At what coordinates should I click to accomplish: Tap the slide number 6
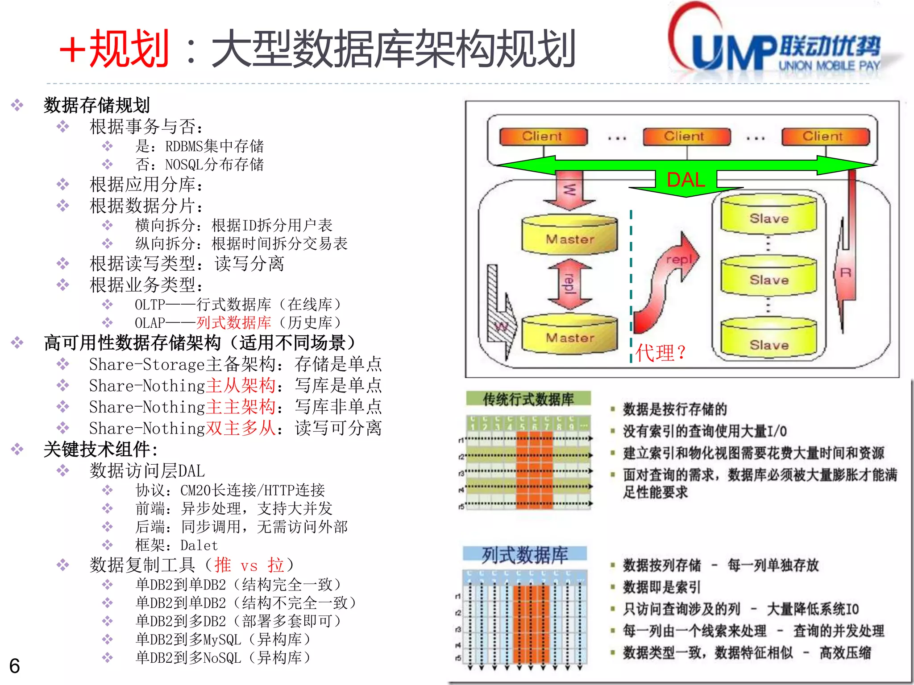point(15,666)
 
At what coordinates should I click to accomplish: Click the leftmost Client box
point(543,136)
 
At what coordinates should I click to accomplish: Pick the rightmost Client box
point(825,136)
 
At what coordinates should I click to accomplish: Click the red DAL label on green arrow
point(685,180)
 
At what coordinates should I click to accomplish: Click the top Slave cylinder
point(769,215)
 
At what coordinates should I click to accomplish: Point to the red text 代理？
point(661,353)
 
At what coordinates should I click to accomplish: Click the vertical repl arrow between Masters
point(569,284)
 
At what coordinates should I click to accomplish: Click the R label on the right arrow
point(846,272)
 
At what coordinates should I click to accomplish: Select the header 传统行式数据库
point(528,399)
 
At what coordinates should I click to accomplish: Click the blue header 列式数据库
point(525,555)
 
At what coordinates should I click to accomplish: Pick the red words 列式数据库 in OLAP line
point(233,322)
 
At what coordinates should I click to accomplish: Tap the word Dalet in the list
point(199,545)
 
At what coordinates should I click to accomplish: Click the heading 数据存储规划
point(96,105)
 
